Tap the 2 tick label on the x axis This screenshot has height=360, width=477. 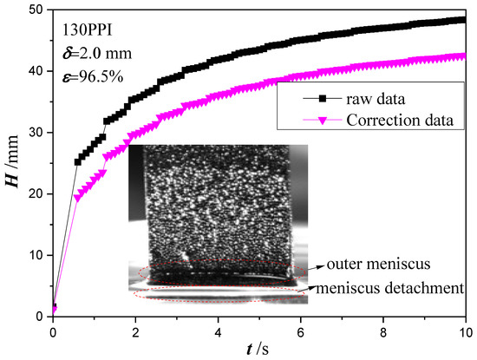pos(135,331)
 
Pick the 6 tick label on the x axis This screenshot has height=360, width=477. pos(301,331)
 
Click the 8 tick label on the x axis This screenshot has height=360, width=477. pos(383,331)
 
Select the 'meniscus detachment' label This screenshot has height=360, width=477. pos(389,286)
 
